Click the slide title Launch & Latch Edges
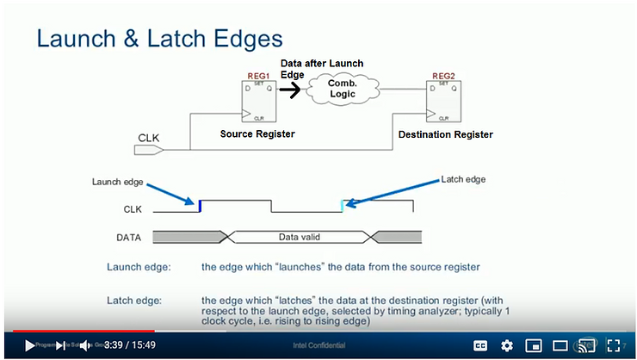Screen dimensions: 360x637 click(x=158, y=39)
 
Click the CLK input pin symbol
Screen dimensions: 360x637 click(x=149, y=150)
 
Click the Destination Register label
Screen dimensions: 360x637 click(x=445, y=134)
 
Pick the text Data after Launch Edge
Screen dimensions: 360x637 click(x=321, y=69)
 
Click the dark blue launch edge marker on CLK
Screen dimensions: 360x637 click(x=200, y=206)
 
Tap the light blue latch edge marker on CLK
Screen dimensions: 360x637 click(x=343, y=206)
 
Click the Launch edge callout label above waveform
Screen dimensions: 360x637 click(x=118, y=182)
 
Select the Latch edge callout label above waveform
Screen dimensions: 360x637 click(x=462, y=179)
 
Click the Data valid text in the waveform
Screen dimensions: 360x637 click(x=300, y=236)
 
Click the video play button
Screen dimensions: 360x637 click(x=29, y=345)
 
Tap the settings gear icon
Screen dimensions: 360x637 click(x=507, y=345)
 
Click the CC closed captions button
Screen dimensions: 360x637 click(x=480, y=345)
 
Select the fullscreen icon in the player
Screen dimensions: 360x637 click(x=614, y=345)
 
